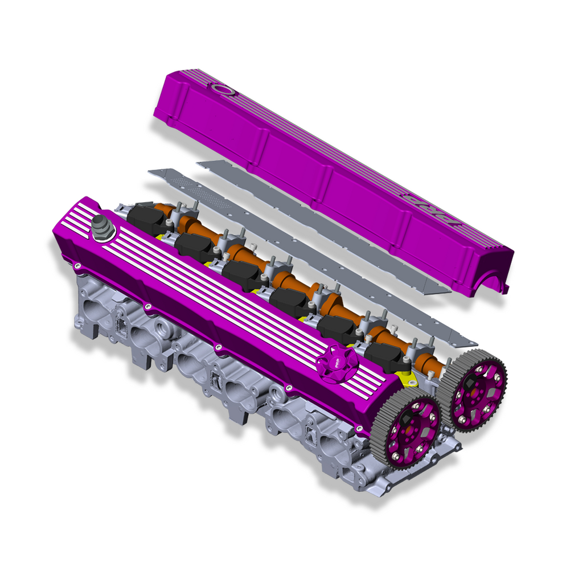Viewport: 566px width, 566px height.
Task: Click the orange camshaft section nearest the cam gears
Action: pos(424,361)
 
